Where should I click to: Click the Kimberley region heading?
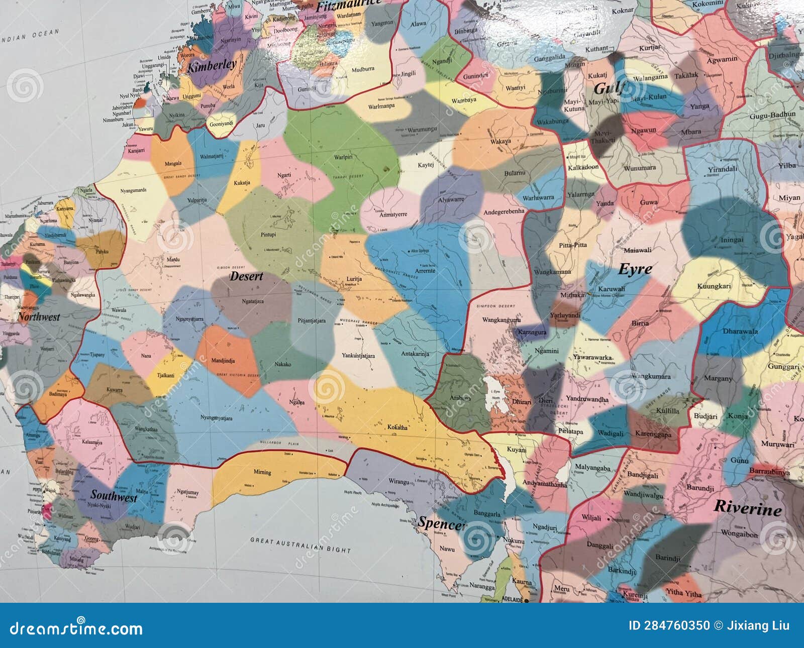pos(212,65)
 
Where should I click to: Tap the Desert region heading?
pos(246,276)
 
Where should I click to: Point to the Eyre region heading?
pos(635,269)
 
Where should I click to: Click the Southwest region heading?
pos(114,496)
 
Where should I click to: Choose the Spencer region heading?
pos(441,524)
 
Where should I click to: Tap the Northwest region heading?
pos(39,317)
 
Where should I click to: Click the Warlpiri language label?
pos(343,157)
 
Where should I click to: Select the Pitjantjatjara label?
pos(312,320)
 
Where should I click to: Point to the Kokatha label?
pos(397,427)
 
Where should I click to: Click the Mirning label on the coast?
pos(262,472)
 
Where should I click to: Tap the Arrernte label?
pos(425,271)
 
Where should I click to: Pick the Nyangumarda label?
pos(133,190)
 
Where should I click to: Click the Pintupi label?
pos(268,235)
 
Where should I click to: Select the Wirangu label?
pos(398,482)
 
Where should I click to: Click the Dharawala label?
pos(740,332)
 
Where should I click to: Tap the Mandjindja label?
pos(223,361)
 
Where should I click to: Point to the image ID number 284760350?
pos(669,626)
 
